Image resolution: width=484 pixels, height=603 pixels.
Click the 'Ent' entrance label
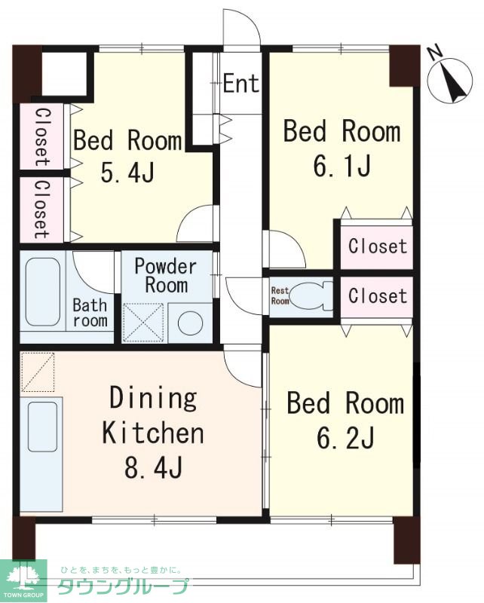[x=240, y=83]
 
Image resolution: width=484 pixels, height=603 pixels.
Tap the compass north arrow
[x=452, y=81]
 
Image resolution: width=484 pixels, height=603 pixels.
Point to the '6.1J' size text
[x=342, y=166]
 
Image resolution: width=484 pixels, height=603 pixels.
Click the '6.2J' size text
[x=345, y=439]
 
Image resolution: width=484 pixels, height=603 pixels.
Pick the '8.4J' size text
[x=153, y=467]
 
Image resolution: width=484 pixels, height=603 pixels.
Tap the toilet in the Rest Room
[x=311, y=296]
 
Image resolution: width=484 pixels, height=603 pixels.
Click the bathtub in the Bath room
[x=43, y=292]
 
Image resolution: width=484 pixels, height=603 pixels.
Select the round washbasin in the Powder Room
[x=191, y=323]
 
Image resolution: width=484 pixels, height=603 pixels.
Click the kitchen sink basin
[x=42, y=427]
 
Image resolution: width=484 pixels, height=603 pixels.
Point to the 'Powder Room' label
[x=166, y=275]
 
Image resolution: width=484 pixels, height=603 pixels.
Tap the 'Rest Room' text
[x=280, y=295]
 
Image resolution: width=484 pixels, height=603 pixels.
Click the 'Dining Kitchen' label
[x=153, y=420]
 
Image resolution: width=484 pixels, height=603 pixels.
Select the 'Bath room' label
[x=90, y=313]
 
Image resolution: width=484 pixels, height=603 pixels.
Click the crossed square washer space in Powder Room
[x=142, y=323]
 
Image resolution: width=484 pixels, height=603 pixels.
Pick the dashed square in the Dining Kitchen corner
[x=38, y=372]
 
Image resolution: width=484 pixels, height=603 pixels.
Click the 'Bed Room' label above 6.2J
[x=345, y=403]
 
